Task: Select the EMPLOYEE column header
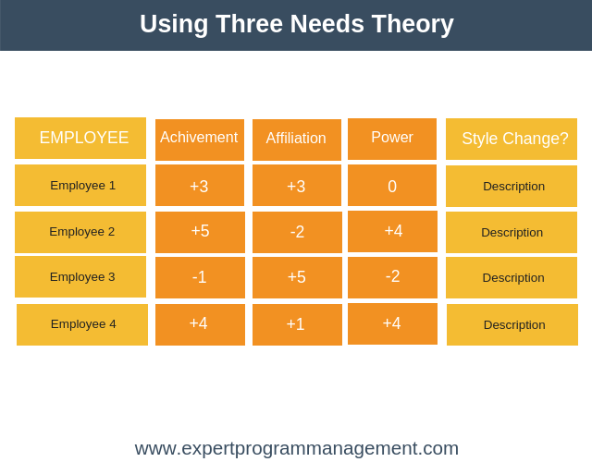(80, 138)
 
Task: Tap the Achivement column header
(200, 140)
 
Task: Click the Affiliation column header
(297, 140)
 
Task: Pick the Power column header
(392, 139)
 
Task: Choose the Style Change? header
(512, 139)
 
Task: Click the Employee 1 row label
(80, 185)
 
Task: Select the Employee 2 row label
(80, 232)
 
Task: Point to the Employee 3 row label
(80, 277)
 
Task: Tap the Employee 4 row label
(82, 324)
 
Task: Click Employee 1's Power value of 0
(392, 185)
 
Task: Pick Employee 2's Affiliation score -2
(297, 232)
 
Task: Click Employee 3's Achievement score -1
(200, 277)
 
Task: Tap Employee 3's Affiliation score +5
(297, 277)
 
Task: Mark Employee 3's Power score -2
(392, 277)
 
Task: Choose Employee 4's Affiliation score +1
(297, 324)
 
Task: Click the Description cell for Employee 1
(512, 186)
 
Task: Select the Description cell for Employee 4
(512, 324)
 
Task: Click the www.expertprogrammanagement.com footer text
(297, 449)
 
